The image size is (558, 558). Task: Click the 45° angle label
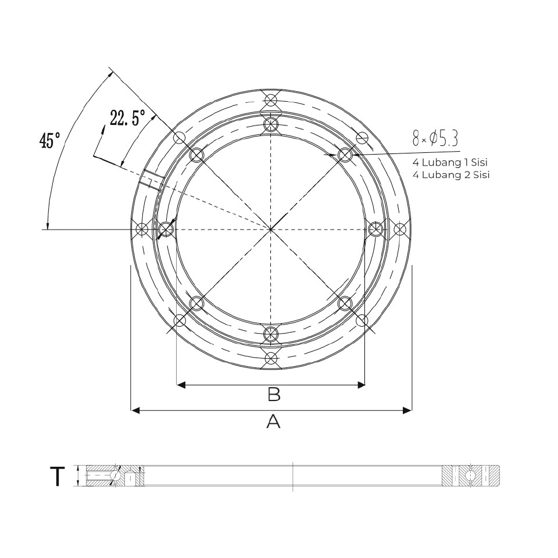click(x=49, y=141)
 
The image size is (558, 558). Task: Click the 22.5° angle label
click(x=127, y=119)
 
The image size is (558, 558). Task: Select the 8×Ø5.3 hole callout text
click(x=435, y=138)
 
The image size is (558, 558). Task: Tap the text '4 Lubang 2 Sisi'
click(x=450, y=174)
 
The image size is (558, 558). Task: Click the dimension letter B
click(x=274, y=395)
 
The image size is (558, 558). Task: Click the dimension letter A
click(x=273, y=421)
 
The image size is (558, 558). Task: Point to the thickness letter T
click(x=57, y=477)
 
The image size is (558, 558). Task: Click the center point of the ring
click(x=271, y=230)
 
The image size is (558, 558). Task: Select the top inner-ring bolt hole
click(x=271, y=124)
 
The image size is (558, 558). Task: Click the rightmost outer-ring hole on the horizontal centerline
click(x=400, y=230)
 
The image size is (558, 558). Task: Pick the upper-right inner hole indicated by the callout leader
click(x=346, y=155)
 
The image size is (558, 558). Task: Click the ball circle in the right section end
click(x=470, y=476)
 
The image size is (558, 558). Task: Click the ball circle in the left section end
click(x=116, y=476)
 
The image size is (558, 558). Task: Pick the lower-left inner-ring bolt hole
click(x=197, y=303)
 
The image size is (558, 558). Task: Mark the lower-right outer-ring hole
click(x=362, y=321)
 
